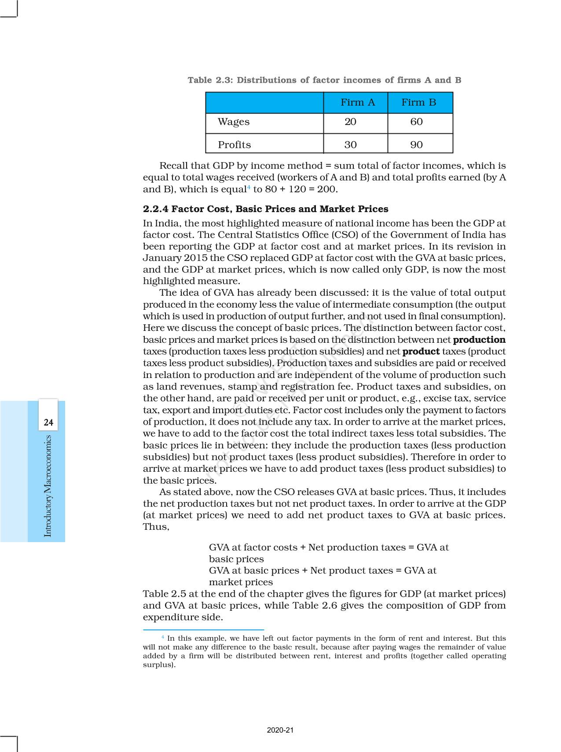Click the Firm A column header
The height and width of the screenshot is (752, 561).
point(357,103)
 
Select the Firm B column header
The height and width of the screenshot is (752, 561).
point(418,103)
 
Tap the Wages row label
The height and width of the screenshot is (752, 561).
point(234,122)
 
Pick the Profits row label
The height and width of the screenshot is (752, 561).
point(234,145)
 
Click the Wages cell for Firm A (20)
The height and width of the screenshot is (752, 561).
point(350,122)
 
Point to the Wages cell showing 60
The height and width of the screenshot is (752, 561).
point(416,122)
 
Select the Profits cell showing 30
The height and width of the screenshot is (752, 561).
point(350,145)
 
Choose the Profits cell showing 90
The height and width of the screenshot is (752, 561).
point(416,145)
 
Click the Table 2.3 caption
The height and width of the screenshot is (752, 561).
point(324,80)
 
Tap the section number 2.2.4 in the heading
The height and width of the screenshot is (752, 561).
point(156,209)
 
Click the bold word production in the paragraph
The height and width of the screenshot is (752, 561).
point(479,340)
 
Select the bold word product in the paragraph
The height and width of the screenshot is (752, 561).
point(421,352)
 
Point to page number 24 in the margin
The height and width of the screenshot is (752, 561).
point(48,423)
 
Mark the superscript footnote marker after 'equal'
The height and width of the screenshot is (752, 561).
point(249,187)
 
